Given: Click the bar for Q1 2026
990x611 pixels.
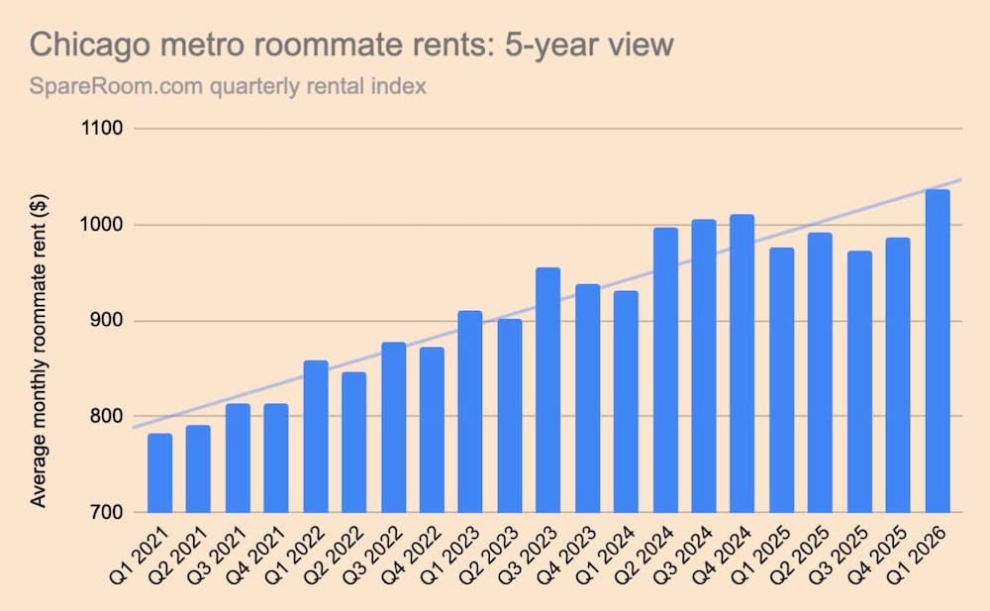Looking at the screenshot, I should [x=938, y=351].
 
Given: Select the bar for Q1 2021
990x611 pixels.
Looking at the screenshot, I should [x=159, y=472].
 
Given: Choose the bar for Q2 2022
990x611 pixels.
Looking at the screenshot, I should [x=354, y=442].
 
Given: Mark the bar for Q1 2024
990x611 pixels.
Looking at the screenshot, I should [x=626, y=401].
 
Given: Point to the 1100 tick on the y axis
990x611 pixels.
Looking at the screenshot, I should [x=102, y=129].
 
